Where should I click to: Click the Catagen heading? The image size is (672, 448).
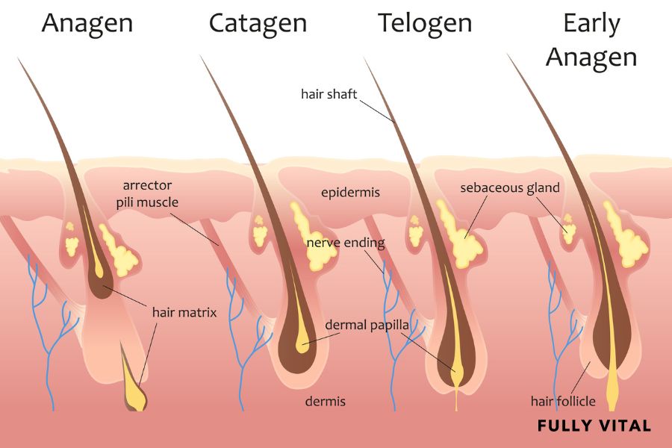coord(258,23)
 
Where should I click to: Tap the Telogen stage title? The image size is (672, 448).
coord(425,23)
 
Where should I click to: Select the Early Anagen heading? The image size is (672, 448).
coord(591,40)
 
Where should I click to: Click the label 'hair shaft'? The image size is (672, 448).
coord(329,94)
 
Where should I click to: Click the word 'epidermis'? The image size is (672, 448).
coord(350,193)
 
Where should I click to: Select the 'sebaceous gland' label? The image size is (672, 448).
coord(510,187)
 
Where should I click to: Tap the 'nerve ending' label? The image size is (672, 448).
coord(346,243)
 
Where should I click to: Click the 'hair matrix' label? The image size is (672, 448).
coord(184,312)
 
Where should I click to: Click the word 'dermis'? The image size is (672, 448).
coord(325,401)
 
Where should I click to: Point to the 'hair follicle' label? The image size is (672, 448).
coord(563,401)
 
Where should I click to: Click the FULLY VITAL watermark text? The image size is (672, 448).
coord(594,426)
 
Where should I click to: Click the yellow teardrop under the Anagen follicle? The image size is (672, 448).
coord(135,392)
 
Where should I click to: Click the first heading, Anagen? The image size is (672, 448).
coord(87,23)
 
